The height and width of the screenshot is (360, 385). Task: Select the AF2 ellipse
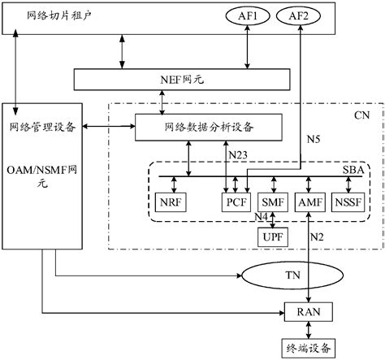pyautogui.click(x=301, y=16)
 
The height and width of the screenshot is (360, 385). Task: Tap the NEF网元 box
pyautogui.click(x=181, y=79)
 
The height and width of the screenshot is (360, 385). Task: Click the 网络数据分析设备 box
pyautogui.click(x=208, y=126)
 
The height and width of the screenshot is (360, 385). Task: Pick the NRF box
pyautogui.click(x=171, y=201)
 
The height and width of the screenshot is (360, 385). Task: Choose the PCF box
pyautogui.click(x=236, y=201)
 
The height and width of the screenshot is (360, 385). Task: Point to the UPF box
pyautogui.click(x=270, y=236)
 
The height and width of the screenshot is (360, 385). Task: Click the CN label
pyautogui.click(x=363, y=116)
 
